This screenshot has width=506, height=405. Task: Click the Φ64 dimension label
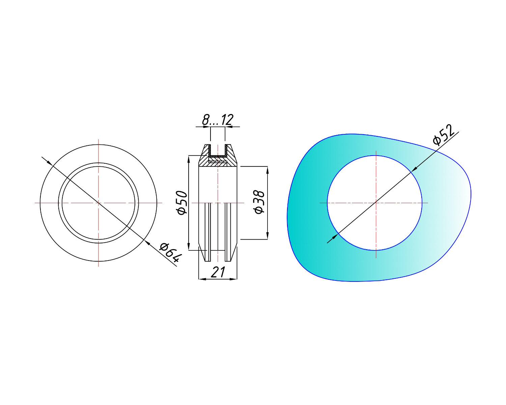[171, 253]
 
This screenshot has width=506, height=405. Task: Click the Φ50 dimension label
[182, 202]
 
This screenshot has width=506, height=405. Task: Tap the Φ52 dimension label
[444, 135]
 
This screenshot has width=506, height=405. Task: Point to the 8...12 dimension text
[218, 120]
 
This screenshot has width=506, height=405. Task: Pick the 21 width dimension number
[218, 272]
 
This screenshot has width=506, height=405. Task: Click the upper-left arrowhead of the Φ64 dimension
[49, 163]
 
